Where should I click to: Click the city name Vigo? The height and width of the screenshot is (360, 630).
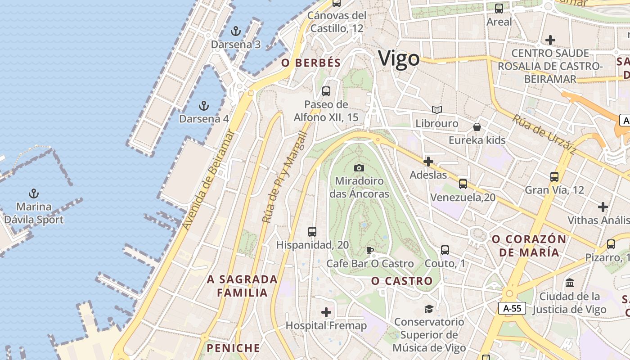(x=399, y=58)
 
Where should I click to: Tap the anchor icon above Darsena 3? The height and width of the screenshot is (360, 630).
(x=236, y=31)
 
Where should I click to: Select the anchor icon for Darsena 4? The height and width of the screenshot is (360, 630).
(x=204, y=106)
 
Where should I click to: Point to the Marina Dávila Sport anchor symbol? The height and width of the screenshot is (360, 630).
(x=34, y=193)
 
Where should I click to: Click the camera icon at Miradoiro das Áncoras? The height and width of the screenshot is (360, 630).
(x=359, y=168)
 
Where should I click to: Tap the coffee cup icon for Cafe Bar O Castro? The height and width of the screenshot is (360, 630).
(x=369, y=250)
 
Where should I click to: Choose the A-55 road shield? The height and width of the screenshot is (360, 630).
(x=512, y=308)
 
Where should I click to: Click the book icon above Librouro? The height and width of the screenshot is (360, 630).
(x=436, y=110)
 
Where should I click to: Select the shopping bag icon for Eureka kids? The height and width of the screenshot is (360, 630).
(x=477, y=127)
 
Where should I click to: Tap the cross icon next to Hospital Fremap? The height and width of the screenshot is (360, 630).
(x=326, y=312)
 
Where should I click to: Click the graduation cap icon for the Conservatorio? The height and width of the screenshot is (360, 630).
(x=429, y=309)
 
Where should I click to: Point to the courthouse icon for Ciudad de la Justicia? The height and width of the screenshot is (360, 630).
(x=570, y=283)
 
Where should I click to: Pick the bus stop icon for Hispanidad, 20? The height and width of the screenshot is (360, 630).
(x=312, y=232)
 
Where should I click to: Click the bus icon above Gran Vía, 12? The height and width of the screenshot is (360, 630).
(x=554, y=177)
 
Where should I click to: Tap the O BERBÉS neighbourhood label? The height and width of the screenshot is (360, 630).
(x=311, y=63)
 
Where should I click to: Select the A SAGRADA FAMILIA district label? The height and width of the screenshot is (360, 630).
(x=242, y=286)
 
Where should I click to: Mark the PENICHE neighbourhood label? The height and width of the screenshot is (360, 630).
(x=233, y=348)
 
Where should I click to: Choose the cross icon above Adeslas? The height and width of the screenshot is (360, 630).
(x=428, y=161)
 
